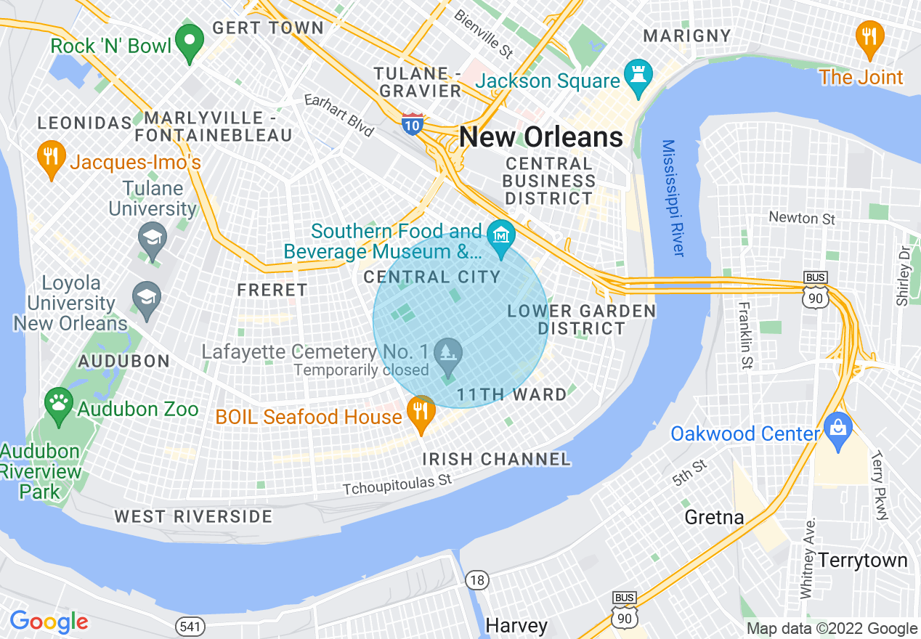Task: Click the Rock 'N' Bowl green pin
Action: click(190, 42)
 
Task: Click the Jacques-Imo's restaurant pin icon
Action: click(50, 158)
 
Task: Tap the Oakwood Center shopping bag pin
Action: click(837, 431)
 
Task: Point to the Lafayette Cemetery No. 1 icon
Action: click(447, 354)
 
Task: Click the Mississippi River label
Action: click(673, 198)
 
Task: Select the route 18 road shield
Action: click(476, 579)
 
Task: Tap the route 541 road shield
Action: click(186, 624)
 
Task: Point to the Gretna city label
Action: click(714, 517)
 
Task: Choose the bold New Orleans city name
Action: click(541, 137)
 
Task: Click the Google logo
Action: click(49, 622)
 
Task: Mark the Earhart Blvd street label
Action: click(338, 115)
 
